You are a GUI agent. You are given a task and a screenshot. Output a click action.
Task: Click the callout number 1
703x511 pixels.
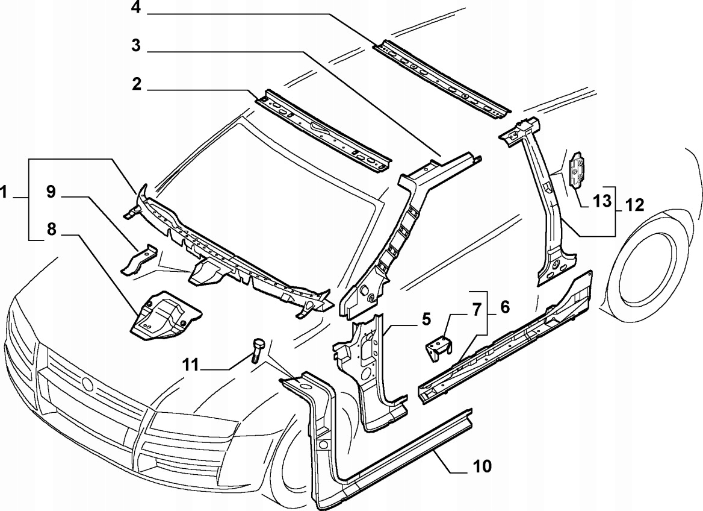tap(5, 193)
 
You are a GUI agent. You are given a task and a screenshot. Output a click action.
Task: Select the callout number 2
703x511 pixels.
tap(137, 84)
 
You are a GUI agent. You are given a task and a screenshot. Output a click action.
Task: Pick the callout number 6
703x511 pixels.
tap(504, 306)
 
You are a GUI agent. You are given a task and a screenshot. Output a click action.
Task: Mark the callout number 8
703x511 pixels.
tap(51, 230)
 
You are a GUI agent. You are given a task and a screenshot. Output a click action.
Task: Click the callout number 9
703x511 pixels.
tap(51, 192)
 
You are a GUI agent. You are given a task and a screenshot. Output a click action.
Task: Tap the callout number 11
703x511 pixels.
tap(191, 364)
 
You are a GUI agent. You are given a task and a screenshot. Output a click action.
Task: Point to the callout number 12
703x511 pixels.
tap(634, 205)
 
